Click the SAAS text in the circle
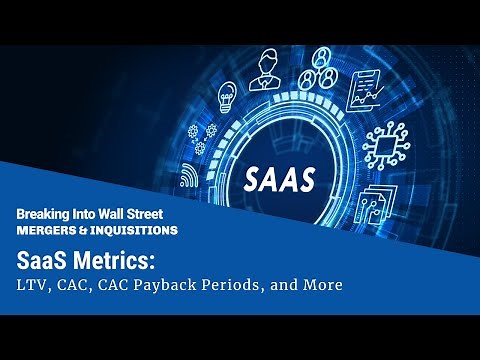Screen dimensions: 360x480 pos(281,178)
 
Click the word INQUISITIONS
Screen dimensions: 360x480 pos(136,230)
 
